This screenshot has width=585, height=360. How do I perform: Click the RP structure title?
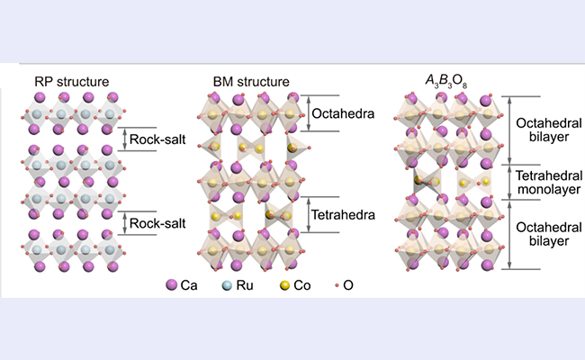72,82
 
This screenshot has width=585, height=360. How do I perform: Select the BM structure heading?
251,82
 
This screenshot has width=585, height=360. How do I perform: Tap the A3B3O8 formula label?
446,82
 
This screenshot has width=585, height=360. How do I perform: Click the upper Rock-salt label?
157,139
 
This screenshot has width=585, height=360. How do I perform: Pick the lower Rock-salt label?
157,223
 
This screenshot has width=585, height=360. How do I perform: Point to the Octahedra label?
343,113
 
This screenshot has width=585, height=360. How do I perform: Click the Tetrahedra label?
343,214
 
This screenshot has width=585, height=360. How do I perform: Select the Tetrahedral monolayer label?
549,182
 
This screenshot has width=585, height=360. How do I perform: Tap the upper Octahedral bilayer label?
549,130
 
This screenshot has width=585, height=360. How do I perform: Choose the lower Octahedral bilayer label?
549,234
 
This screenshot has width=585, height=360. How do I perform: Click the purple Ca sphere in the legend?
171,285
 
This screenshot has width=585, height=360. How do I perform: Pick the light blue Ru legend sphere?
227,286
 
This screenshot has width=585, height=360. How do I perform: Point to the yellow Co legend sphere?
284,286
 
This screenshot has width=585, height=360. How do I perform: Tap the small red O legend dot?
337,285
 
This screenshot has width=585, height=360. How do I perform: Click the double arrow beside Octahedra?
308,113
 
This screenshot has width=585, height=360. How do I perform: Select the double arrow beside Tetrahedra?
308,215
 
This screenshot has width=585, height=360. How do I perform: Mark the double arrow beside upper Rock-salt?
125,139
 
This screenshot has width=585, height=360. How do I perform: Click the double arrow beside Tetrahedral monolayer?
509,182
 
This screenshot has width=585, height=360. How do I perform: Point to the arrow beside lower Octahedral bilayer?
509,234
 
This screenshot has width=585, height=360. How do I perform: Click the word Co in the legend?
302,285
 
